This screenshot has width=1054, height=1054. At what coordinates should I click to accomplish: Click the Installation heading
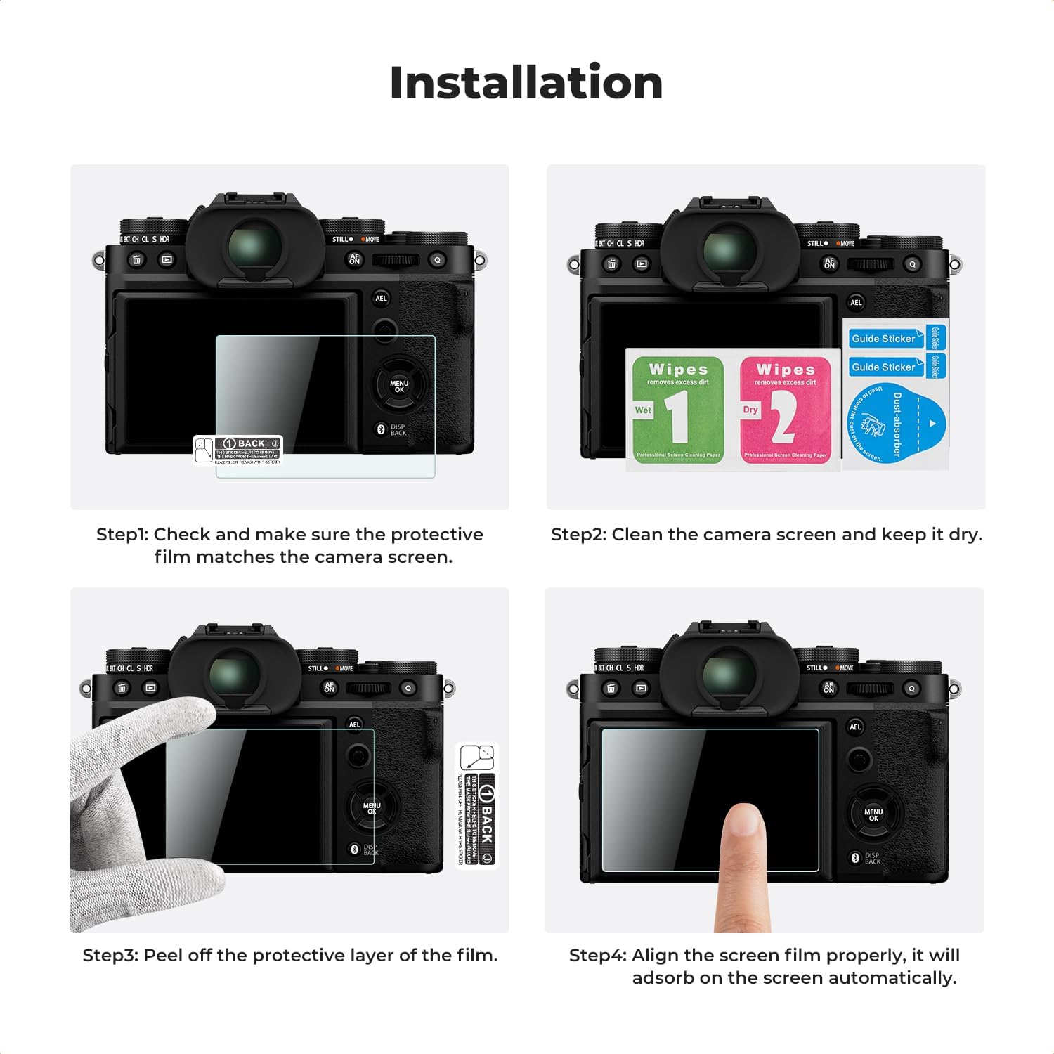point(526,83)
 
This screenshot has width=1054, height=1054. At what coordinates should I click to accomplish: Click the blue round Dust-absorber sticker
point(896,424)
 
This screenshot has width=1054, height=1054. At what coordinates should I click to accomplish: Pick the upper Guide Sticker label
point(884,339)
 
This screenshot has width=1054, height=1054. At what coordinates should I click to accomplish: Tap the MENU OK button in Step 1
point(399,386)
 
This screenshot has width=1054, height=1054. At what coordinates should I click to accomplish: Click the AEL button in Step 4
point(855,727)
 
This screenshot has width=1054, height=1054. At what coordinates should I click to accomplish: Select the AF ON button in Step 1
point(355,259)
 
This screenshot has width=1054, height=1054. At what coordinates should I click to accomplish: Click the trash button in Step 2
point(611,264)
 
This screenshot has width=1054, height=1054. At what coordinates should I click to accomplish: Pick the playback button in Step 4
point(641,689)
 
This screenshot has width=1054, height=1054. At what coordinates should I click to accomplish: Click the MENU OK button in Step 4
point(873,814)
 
